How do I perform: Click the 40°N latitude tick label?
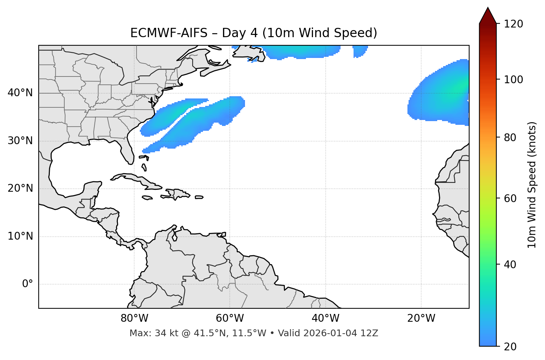pyautogui.click(x=20, y=93)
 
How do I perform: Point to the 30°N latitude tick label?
pyautogui.click(x=20, y=141)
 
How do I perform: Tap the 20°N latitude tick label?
pyautogui.click(x=20, y=188)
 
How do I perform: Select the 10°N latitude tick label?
pyautogui.click(x=20, y=236)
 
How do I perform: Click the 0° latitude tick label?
pyautogui.click(x=28, y=284)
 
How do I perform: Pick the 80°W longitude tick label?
pyautogui.click(x=134, y=318)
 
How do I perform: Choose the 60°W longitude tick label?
pyautogui.click(x=230, y=318)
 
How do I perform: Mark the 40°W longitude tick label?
pyautogui.click(x=325, y=318)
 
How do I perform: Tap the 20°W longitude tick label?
pyautogui.click(x=421, y=318)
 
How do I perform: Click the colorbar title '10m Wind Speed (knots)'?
pyautogui.click(x=532, y=185)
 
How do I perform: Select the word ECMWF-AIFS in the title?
pyautogui.click(x=168, y=33)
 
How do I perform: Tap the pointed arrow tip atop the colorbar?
pyautogui.click(x=488, y=9)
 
